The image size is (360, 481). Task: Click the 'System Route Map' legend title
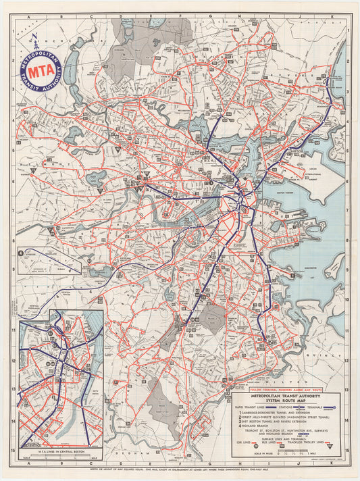[x=286, y=401]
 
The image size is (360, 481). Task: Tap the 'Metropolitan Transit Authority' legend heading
[x=286, y=396]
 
